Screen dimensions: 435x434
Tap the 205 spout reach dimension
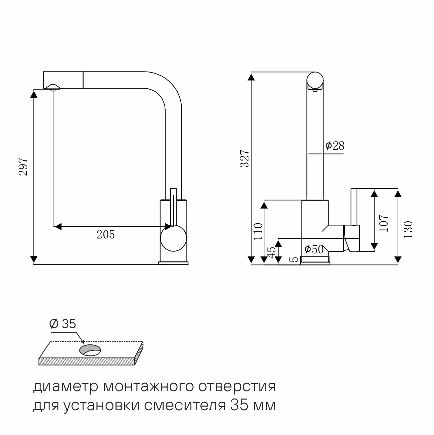(105, 235)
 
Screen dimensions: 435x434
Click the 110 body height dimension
(258, 231)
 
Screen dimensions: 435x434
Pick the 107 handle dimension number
(384, 223)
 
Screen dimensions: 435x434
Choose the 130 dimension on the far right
(408, 229)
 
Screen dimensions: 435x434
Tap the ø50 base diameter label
(314, 249)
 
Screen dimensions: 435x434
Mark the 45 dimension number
(271, 252)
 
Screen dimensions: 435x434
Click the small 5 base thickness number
(294, 259)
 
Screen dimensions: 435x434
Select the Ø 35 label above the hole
(62, 324)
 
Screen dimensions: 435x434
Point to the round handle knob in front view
(173, 239)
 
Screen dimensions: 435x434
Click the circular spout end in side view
(315, 80)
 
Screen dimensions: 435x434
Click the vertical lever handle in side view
(354, 208)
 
